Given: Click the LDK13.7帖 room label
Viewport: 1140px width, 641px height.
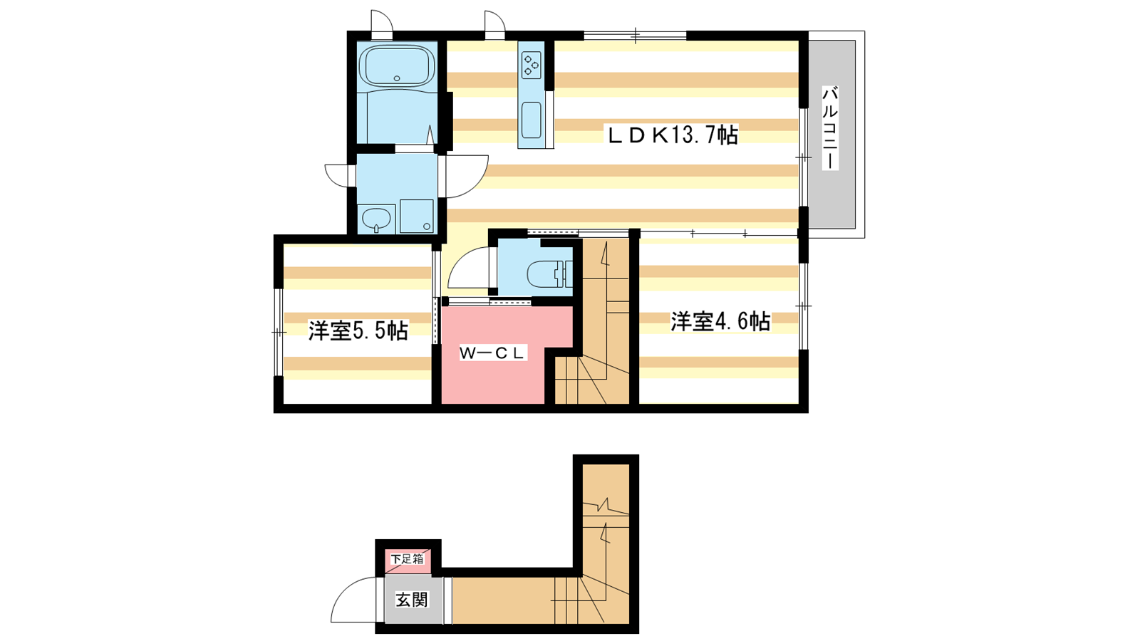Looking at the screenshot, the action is (x=671, y=135).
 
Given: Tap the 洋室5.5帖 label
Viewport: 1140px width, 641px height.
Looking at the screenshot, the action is (x=358, y=331).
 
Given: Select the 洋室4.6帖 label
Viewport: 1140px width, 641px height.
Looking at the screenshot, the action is (x=720, y=321).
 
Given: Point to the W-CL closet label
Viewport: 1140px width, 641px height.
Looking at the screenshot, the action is (x=492, y=353).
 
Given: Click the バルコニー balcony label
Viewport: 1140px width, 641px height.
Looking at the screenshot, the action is (x=830, y=127).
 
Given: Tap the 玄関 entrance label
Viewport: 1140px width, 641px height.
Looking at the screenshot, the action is (x=413, y=600).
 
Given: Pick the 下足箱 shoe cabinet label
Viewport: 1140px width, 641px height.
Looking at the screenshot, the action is (x=407, y=558).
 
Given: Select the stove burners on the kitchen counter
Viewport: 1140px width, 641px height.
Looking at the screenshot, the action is (x=532, y=66).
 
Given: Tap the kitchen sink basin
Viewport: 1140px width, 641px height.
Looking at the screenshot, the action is (x=532, y=120).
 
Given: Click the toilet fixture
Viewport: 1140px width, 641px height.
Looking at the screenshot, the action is (x=549, y=275).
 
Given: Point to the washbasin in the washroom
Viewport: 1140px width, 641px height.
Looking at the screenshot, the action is (x=377, y=219).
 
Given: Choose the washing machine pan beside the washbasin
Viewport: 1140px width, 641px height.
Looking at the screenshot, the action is (x=417, y=216).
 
